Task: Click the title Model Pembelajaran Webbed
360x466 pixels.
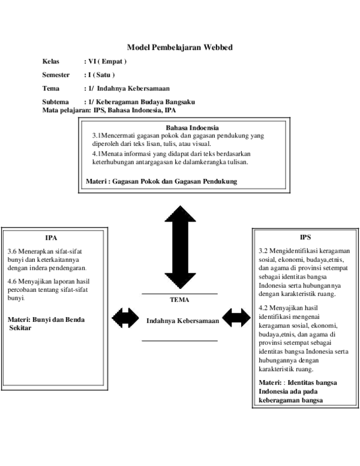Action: point(179,47)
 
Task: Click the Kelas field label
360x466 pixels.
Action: point(51,62)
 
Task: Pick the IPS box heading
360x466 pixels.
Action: point(305,237)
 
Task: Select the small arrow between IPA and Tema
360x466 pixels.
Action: point(125,318)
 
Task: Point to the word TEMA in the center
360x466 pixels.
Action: point(179,300)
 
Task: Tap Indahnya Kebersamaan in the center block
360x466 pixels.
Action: point(182,321)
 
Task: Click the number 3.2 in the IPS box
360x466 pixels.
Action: point(263,250)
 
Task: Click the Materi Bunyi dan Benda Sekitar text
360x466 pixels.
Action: point(46,324)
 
